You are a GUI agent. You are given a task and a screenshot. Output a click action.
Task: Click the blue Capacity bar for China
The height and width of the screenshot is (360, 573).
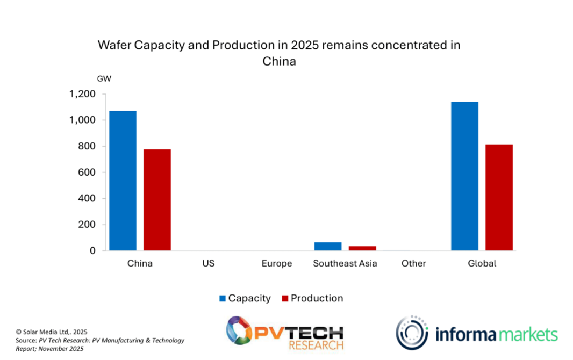123,181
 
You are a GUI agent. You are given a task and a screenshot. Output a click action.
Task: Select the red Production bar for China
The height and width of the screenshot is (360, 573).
157,200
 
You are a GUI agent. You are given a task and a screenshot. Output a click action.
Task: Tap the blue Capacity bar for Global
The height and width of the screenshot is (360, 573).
464,176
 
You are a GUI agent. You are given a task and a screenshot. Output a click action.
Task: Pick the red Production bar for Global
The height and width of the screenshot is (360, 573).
499,197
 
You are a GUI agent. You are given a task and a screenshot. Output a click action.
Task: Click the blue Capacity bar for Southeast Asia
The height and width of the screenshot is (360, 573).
328,246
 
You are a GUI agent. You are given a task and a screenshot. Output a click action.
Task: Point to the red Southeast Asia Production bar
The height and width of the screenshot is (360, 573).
362,248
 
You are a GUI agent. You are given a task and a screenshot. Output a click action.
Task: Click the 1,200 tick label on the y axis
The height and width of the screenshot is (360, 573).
82,94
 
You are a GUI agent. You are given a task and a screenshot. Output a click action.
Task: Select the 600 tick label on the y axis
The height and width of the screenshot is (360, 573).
87,172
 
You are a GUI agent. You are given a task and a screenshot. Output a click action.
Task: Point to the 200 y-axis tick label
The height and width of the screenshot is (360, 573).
87,225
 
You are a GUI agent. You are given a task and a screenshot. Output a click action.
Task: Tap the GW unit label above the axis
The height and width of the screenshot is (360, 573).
104,79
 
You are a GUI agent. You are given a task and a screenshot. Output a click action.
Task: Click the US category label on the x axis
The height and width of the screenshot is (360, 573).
208,263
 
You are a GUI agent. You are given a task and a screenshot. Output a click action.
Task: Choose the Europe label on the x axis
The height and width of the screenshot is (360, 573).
277,263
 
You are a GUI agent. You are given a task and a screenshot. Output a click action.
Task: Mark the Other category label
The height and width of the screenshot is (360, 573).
413,263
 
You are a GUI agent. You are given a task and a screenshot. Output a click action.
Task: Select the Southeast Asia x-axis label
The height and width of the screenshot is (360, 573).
345,263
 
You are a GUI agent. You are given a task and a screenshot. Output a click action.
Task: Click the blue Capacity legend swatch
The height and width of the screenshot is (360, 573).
222,298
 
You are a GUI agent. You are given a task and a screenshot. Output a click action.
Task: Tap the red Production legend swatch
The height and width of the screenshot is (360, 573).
285,298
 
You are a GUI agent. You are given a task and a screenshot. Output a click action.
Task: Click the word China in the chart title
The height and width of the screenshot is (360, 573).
279,61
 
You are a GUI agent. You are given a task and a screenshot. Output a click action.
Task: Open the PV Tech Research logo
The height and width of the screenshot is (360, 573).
284,333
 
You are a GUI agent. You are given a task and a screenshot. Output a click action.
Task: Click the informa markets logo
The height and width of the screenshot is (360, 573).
477,333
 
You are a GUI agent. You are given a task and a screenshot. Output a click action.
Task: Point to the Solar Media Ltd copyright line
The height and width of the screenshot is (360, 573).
52,332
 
